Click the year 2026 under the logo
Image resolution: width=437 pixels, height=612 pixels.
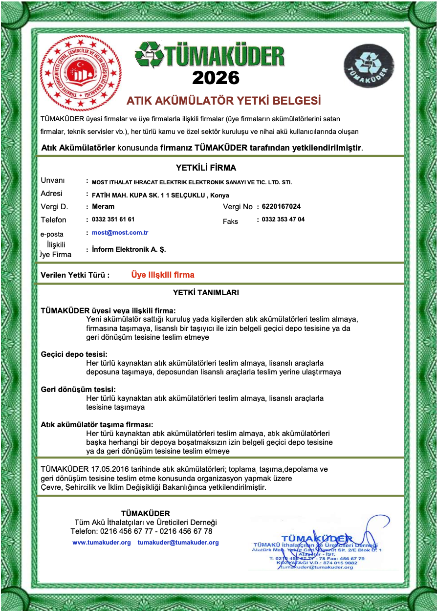216,77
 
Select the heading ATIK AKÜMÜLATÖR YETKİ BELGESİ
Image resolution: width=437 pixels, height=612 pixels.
223,101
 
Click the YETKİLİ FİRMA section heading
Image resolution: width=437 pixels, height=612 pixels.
206,168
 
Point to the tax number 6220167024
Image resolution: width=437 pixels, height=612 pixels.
281,206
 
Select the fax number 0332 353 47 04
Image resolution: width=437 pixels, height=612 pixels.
283,219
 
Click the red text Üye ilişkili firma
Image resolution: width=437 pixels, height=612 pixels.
163,275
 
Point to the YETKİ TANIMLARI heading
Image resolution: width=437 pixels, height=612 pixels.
206,293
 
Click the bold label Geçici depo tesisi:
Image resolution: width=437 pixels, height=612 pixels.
74,354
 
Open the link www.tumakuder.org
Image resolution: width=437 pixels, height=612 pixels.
101,543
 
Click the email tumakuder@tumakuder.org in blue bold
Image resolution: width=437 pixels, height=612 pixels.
178,543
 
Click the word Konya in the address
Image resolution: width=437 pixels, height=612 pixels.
219,195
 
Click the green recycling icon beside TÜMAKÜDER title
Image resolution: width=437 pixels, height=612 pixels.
150,55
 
